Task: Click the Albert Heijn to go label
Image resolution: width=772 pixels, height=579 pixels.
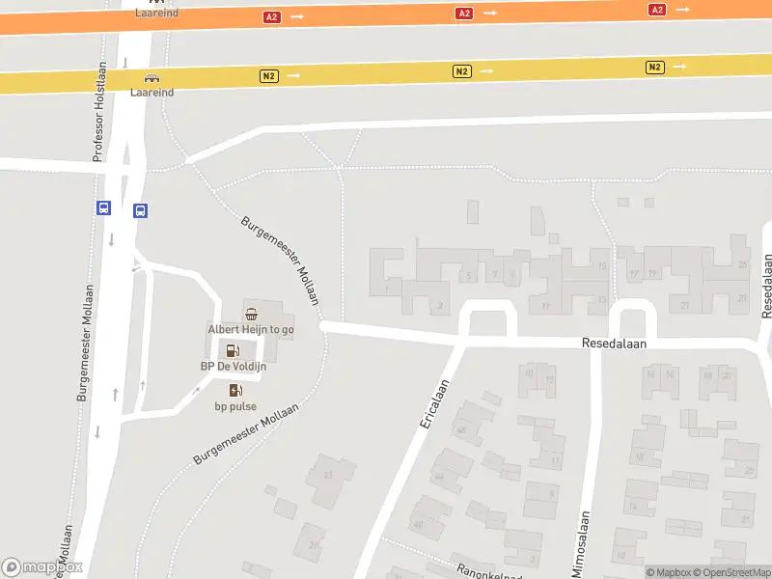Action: [x=251, y=329]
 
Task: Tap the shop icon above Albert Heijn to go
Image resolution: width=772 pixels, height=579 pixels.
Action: [x=251, y=314]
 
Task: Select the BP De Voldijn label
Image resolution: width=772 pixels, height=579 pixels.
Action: [x=233, y=367]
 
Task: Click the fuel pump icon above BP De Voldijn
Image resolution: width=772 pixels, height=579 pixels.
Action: [x=233, y=350]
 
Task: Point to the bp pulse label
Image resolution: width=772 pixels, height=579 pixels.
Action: [x=235, y=406]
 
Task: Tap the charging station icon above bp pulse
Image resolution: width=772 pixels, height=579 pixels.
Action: [x=235, y=390]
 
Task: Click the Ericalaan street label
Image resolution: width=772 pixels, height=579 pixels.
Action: [x=434, y=405]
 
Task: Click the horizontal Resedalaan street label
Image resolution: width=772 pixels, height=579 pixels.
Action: [x=614, y=343]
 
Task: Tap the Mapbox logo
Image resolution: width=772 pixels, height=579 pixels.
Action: [x=41, y=567]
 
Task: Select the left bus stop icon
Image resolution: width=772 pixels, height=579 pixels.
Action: [x=104, y=207]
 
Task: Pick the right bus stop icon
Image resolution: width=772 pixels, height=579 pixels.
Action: [x=140, y=210]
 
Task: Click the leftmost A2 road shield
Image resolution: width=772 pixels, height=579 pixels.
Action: [x=271, y=17]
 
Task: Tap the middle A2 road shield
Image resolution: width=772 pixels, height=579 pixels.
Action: [x=464, y=14]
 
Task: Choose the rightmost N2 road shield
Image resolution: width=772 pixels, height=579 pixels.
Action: [x=655, y=67]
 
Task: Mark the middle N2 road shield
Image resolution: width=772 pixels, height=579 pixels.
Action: [x=461, y=71]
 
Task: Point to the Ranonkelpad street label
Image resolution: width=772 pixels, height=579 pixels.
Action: [x=482, y=571]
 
